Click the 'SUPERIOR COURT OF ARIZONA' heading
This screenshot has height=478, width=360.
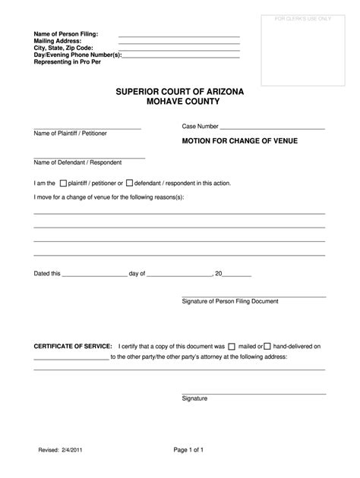click(179, 92)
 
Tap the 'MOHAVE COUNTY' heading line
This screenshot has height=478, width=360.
click(179, 102)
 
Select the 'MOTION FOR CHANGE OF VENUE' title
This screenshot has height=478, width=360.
click(229, 140)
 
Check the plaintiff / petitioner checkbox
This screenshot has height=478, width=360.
click(63, 183)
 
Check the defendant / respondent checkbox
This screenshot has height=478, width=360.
click(129, 183)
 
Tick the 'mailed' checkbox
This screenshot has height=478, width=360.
click(232, 346)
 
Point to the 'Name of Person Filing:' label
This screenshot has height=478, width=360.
click(66, 35)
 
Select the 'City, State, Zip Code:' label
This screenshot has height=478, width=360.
click(64, 49)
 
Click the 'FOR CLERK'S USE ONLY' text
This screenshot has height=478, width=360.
click(302, 17)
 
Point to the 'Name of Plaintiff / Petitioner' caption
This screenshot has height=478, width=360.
click(70, 134)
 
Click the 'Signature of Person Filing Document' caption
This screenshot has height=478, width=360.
click(230, 301)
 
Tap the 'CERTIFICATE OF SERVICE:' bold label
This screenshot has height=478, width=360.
click(73, 346)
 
